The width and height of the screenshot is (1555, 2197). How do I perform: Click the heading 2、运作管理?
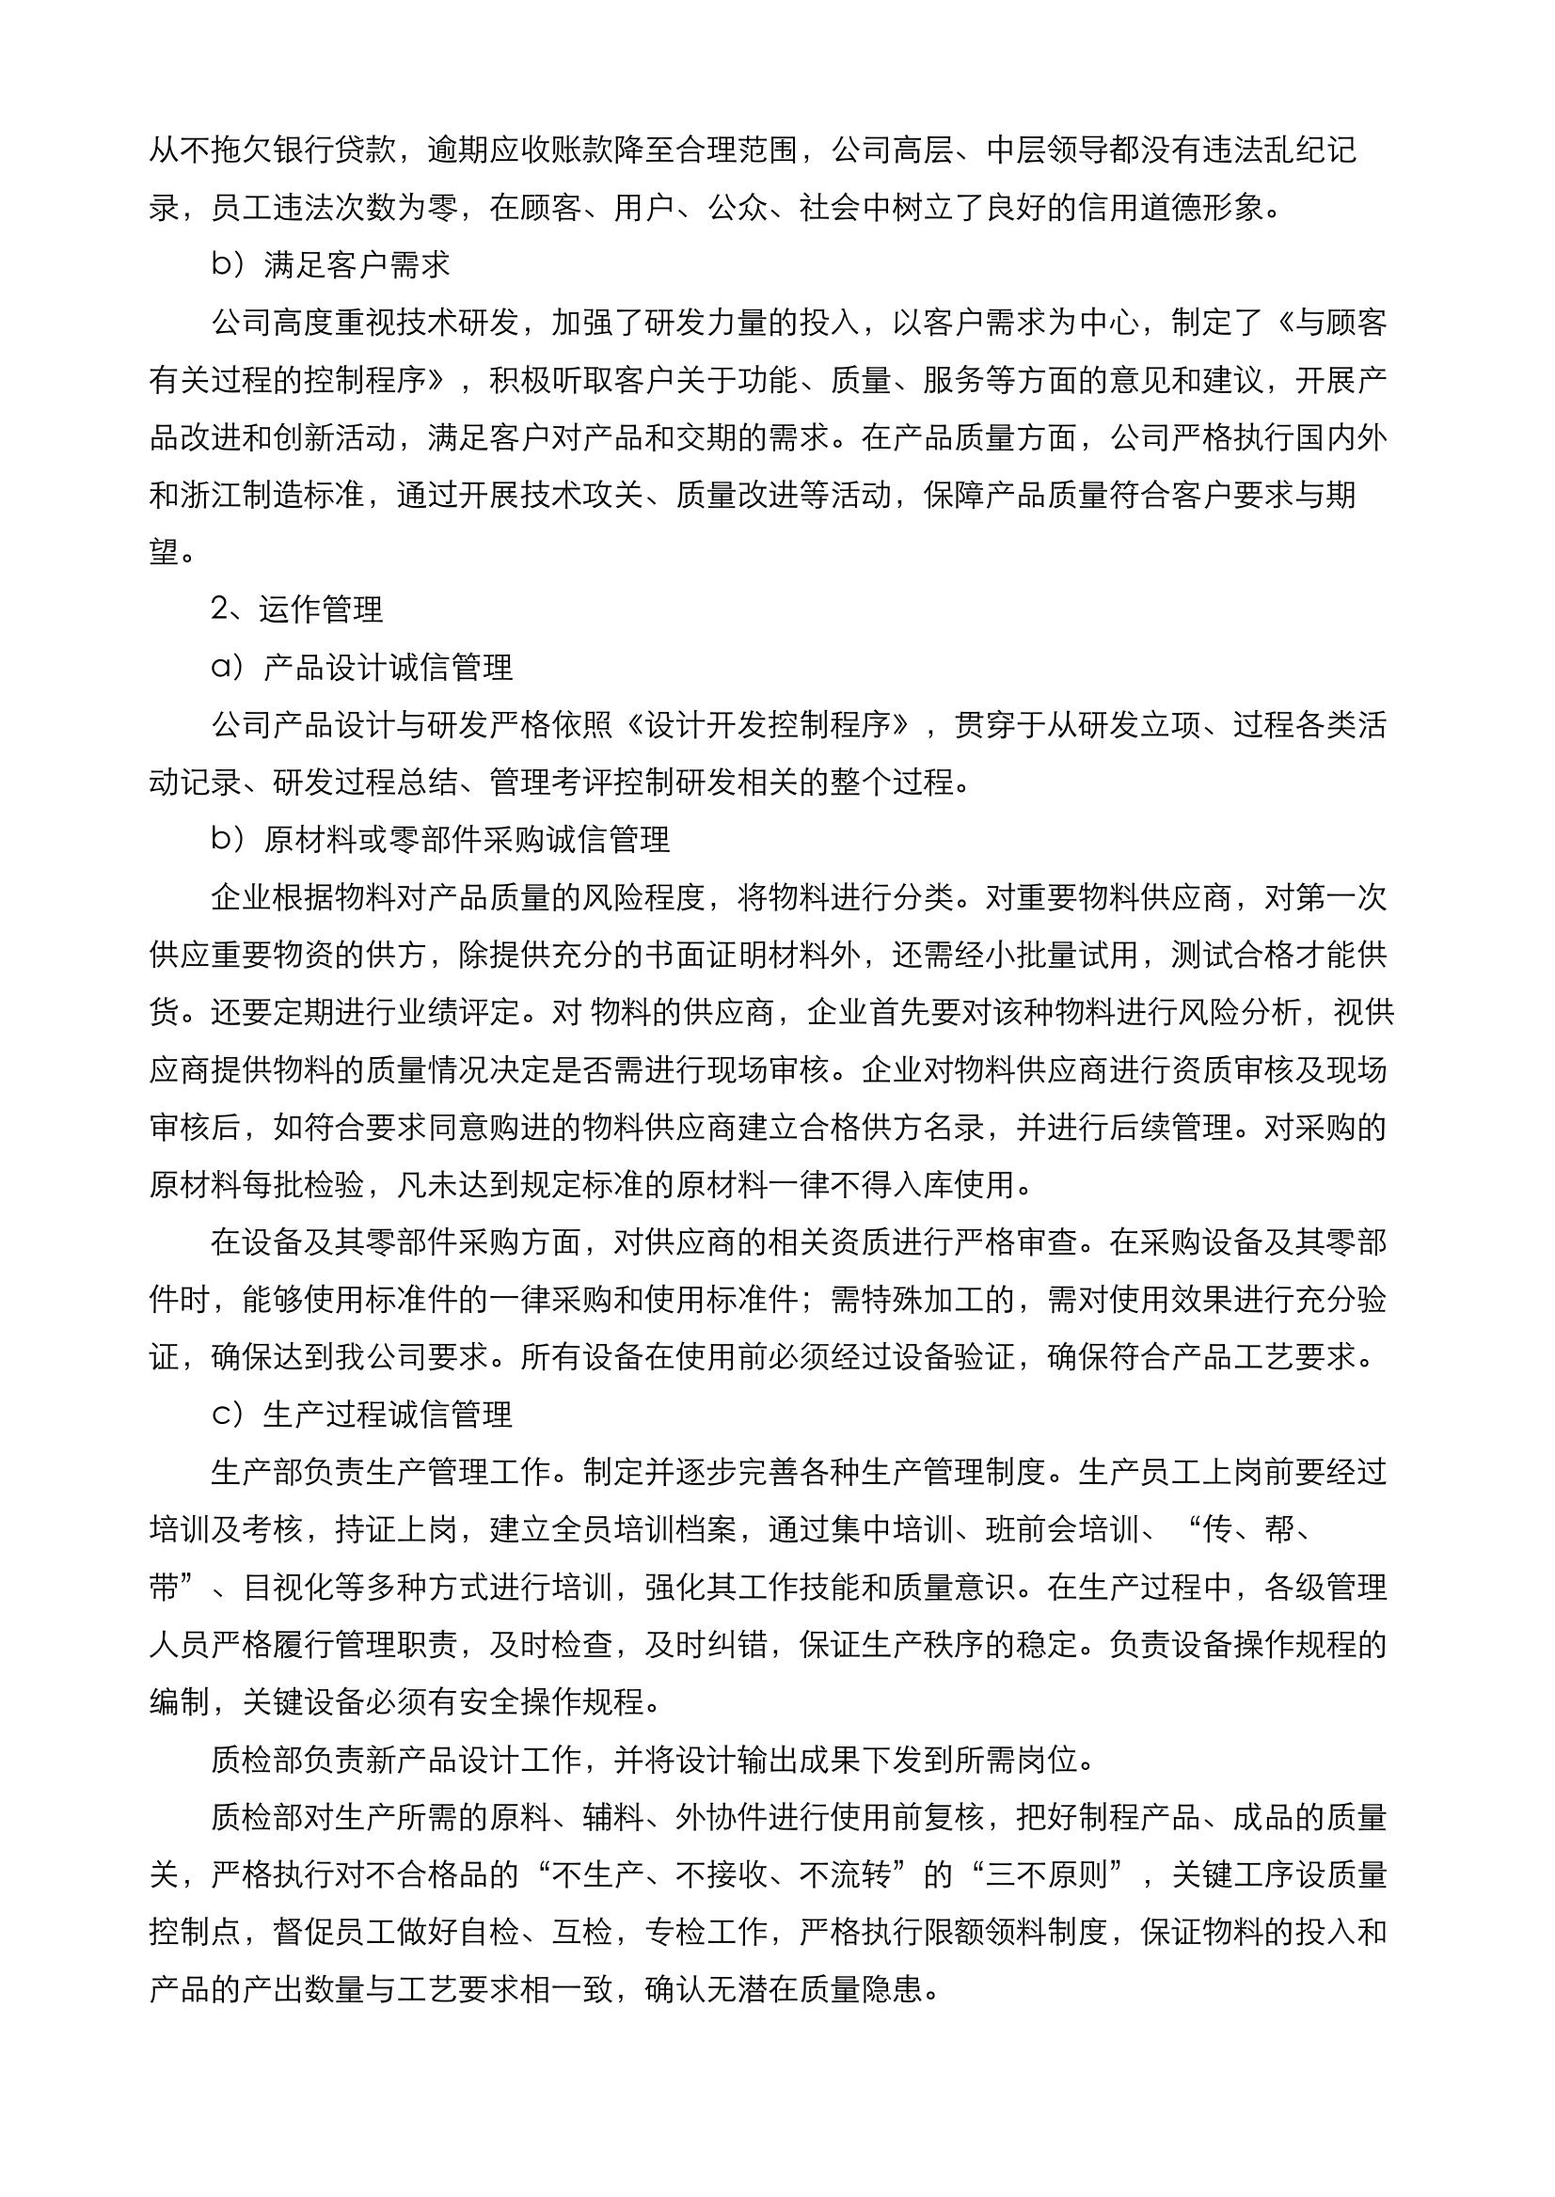click(x=297, y=609)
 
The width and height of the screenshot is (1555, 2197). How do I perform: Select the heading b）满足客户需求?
click(x=330, y=265)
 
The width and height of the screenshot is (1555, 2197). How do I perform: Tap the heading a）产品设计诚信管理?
click(x=362, y=667)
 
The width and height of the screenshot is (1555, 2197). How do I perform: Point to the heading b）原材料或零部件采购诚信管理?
click(x=440, y=840)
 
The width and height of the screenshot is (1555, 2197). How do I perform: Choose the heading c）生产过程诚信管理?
click(x=362, y=1414)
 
